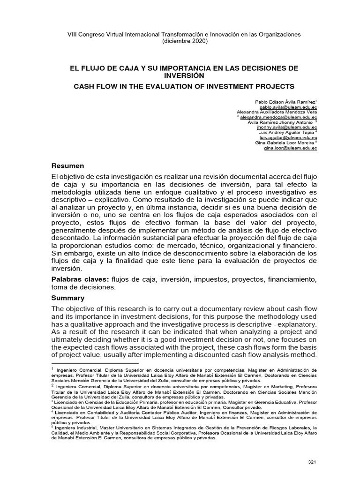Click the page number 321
(313, 462)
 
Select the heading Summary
(67, 298)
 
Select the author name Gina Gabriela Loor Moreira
(284, 142)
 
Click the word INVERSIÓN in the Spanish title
(184, 75)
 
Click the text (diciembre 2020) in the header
(184, 41)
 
